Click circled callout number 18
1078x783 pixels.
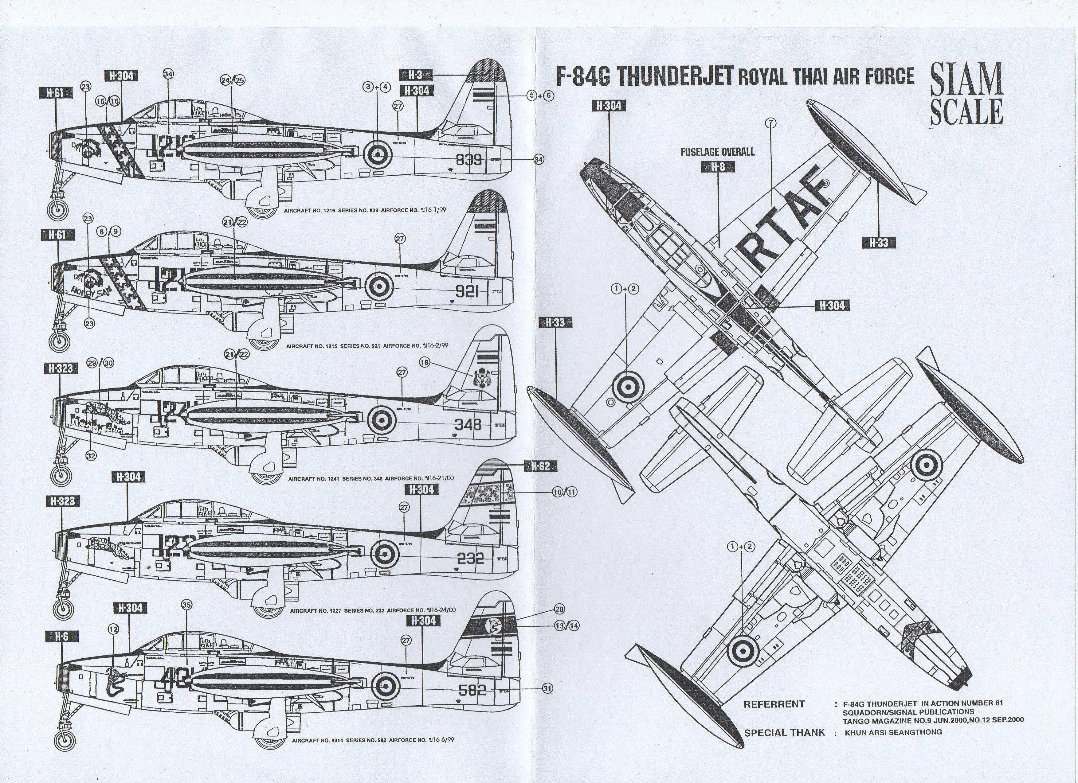[425, 363]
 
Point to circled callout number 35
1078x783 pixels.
[186, 605]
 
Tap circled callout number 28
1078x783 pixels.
[559, 610]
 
